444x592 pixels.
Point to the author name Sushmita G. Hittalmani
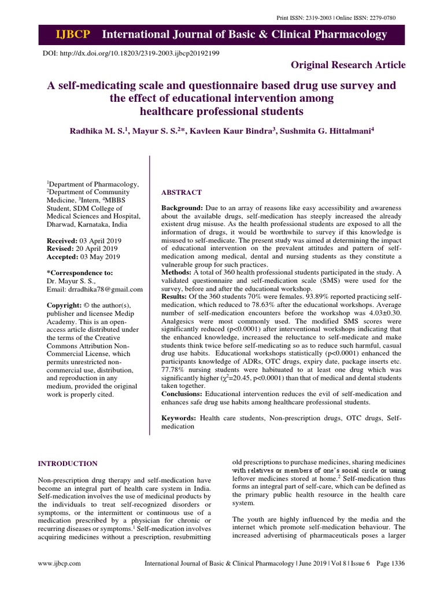click(x=325, y=131)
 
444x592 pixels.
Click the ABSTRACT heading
click(x=182, y=192)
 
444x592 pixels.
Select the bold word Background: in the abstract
click(x=182, y=208)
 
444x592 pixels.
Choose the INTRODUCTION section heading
click(x=68, y=464)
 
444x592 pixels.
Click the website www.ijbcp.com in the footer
click(x=60, y=563)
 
